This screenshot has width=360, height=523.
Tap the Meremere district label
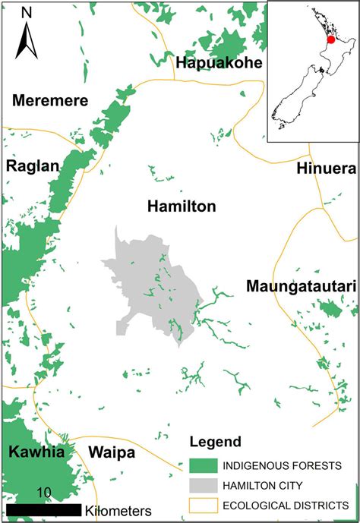pyautogui.click(x=50, y=101)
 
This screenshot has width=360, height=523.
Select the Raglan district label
pyautogui.click(x=32, y=165)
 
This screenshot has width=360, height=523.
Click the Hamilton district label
pyautogui.click(x=182, y=206)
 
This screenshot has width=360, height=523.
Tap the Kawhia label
pyautogui.click(x=36, y=452)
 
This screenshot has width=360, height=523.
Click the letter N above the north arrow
pyautogui.click(x=27, y=13)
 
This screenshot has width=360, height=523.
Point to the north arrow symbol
pyautogui.click(x=27, y=39)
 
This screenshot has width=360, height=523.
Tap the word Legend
pyautogui.click(x=216, y=442)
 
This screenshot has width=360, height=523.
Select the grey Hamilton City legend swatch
pyautogui.click(x=202, y=484)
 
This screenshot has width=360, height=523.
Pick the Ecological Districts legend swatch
pyautogui.click(x=202, y=504)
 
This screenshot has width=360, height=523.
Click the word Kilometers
pyautogui.click(x=118, y=509)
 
